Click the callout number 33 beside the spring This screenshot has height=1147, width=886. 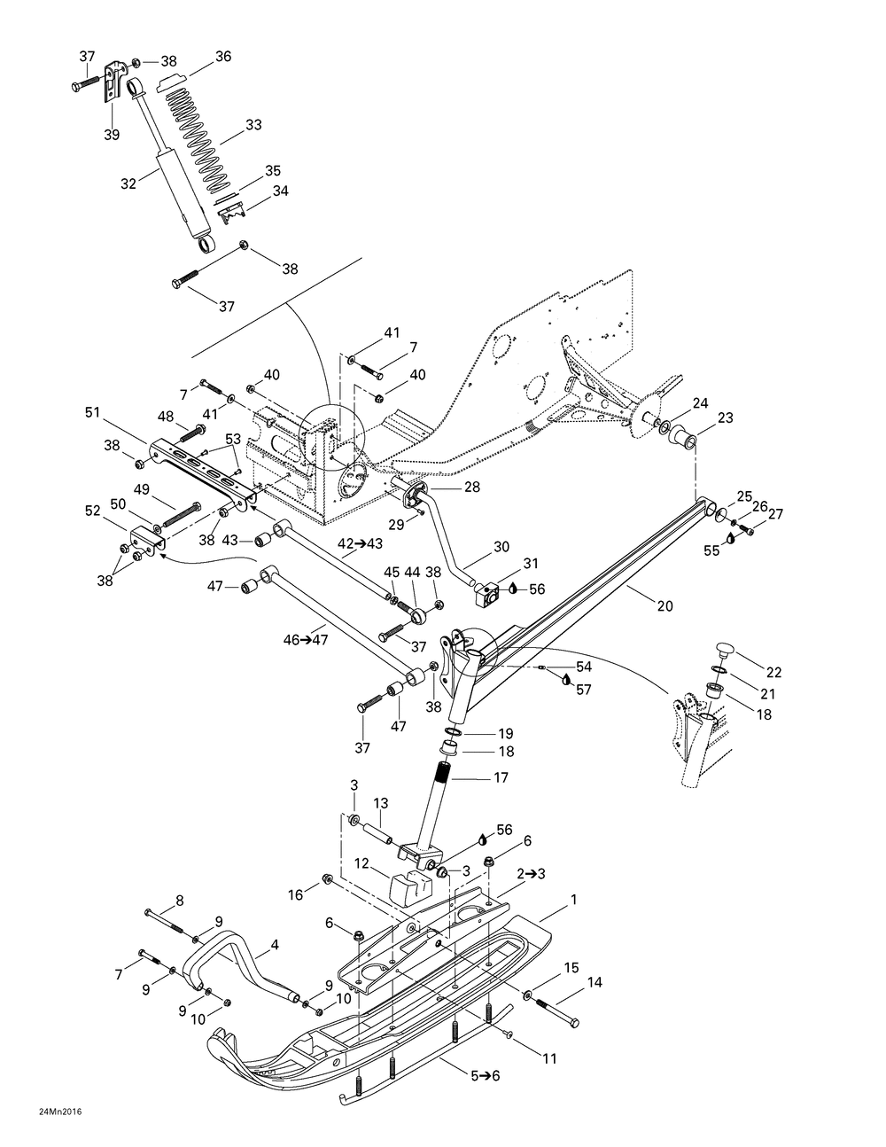[x=253, y=125]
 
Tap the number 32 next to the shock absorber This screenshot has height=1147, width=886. [x=128, y=183]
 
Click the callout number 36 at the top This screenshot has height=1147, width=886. [x=223, y=57]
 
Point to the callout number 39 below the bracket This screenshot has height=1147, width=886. [x=112, y=135]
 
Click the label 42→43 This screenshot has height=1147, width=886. [x=361, y=543]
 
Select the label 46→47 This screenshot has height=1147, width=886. [x=306, y=640]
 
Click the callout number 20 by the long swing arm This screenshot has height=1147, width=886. [x=665, y=606]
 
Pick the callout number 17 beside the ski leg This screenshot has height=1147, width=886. [x=501, y=777]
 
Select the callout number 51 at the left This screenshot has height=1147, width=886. [x=92, y=412]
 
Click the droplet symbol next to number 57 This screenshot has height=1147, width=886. [x=566, y=679]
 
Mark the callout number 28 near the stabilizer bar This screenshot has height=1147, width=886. [x=472, y=487]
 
